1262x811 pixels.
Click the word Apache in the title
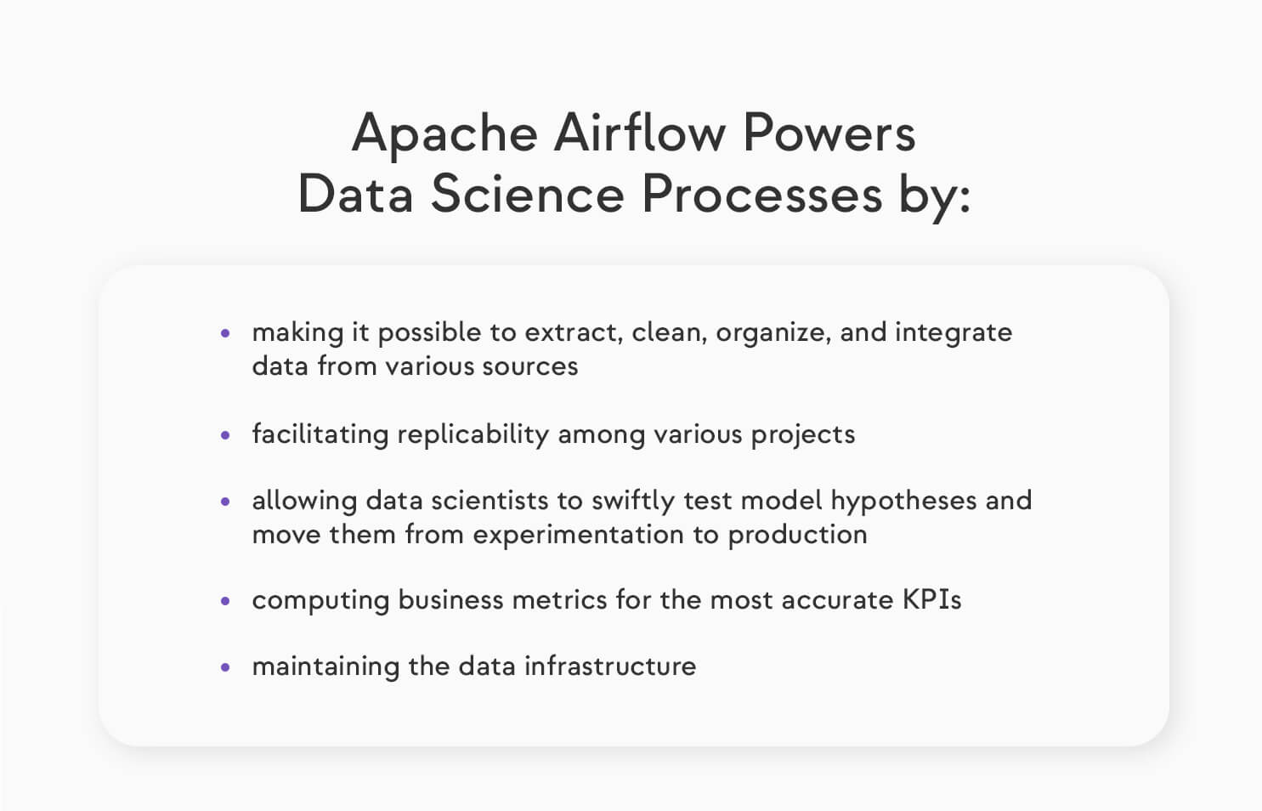point(444,134)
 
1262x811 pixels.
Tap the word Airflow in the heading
point(640,134)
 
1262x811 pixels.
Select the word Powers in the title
point(829,134)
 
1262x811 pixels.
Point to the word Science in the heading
point(528,195)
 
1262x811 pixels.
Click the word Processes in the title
point(761,195)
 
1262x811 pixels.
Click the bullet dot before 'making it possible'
point(225,334)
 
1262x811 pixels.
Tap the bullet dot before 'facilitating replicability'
point(225,435)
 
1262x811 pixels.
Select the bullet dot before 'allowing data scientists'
point(225,502)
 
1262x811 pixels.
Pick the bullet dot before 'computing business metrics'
point(225,601)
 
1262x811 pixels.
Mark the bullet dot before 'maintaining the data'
point(225,667)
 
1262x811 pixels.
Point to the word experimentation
point(578,535)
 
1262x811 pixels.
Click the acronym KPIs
point(931,600)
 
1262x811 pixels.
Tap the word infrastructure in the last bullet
point(609,666)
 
